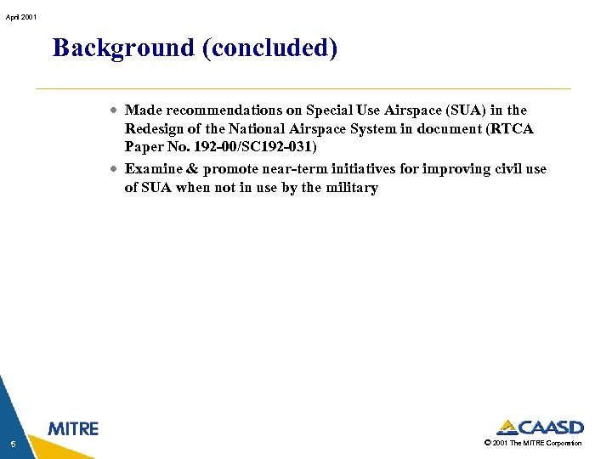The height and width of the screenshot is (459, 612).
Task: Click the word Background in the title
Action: coord(123,48)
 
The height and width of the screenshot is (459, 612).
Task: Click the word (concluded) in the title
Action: coord(269,48)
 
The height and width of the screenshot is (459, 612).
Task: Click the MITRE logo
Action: coord(73,429)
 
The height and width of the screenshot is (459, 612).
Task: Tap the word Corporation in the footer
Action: coord(564,444)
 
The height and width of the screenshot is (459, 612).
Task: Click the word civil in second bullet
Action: coord(508,169)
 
